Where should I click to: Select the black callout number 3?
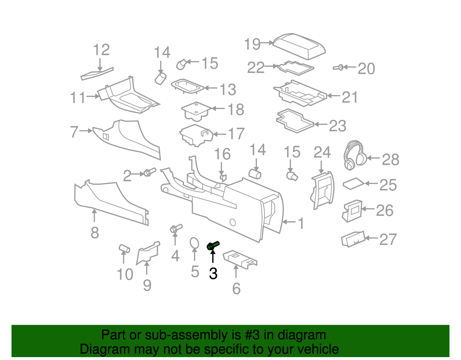pyautogui.click(x=213, y=273)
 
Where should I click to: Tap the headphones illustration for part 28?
pyautogui.click(x=355, y=155)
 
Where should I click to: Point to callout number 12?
pyautogui.click(x=101, y=50)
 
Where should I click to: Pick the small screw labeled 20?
pyautogui.click(x=338, y=68)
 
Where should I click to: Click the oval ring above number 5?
pyautogui.click(x=194, y=243)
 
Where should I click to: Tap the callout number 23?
pyautogui.click(x=337, y=126)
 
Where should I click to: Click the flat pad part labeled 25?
pyautogui.click(x=354, y=184)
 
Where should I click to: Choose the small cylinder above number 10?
pyautogui.click(x=124, y=248)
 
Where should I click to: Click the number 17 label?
pyautogui.click(x=236, y=134)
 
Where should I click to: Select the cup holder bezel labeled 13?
pyautogui.click(x=188, y=86)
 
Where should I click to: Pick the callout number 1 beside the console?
pyautogui.click(x=301, y=223)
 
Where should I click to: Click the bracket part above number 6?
pyautogui.click(x=240, y=259)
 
